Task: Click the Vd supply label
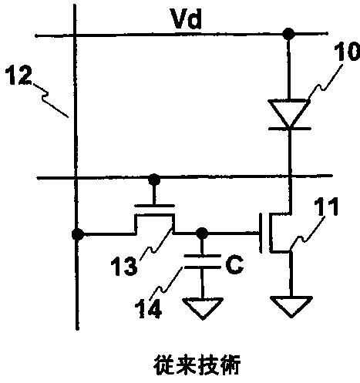(x=187, y=18)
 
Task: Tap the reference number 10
(x=347, y=52)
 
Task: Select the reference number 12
(x=18, y=76)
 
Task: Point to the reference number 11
(x=326, y=207)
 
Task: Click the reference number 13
(x=124, y=267)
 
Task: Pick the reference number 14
(x=149, y=309)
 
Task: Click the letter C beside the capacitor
(x=234, y=265)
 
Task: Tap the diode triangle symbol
(x=289, y=113)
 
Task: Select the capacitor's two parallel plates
(x=203, y=261)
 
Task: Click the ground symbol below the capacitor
(x=203, y=308)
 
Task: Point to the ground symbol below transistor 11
(x=291, y=307)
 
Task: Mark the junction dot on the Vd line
(x=288, y=34)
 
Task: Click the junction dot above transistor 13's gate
(x=154, y=179)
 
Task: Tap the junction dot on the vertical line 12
(x=77, y=234)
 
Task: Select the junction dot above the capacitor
(x=202, y=233)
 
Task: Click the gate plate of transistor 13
(x=155, y=206)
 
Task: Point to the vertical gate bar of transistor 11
(x=261, y=233)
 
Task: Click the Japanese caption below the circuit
(x=197, y=365)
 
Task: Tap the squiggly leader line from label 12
(x=50, y=99)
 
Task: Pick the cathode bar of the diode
(x=290, y=129)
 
